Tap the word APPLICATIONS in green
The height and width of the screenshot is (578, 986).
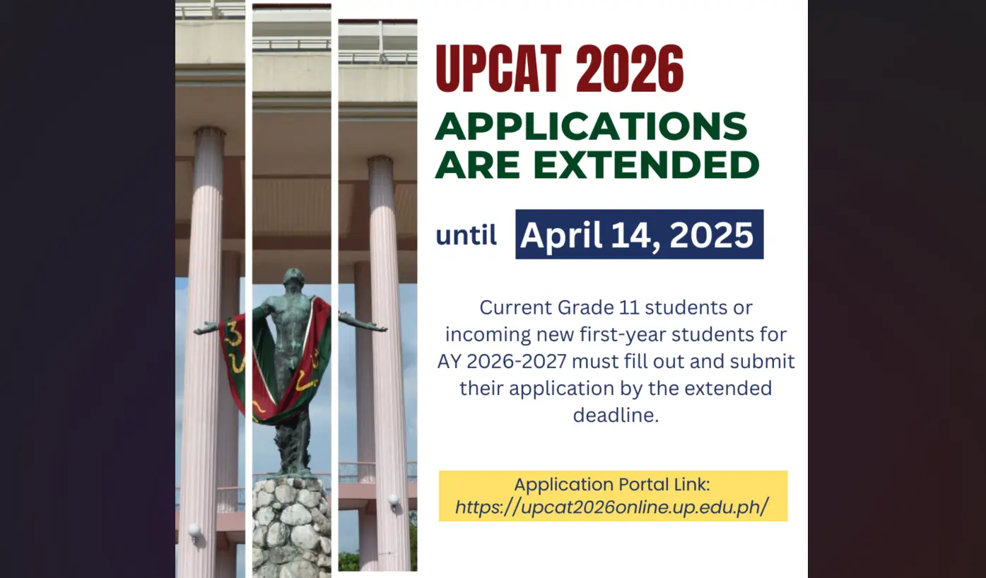click(591, 127)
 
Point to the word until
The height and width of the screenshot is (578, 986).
click(466, 235)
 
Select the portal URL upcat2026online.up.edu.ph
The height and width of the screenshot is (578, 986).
click(611, 508)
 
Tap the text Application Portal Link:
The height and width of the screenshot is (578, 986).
click(611, 485)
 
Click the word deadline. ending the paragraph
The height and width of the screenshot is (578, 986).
click(616, 415)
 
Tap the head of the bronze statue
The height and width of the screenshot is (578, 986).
click(293, 278)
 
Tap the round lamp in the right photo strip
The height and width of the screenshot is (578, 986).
click(393, 500)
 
